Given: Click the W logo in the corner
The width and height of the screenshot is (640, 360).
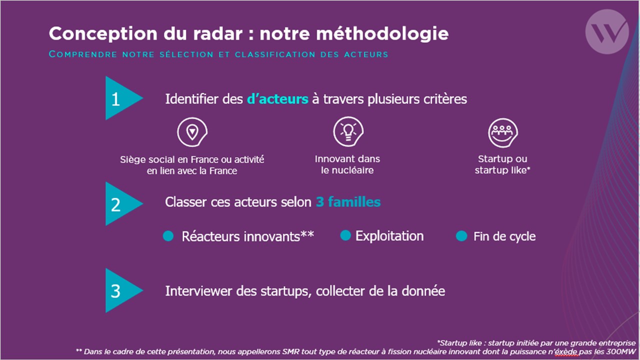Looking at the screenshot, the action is coord(607,31).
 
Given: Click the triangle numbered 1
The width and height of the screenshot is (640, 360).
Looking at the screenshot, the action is coord(121,98).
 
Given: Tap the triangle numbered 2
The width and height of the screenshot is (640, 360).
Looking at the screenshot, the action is coord(121,203).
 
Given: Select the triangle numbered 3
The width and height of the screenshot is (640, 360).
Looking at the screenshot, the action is coord(121,290).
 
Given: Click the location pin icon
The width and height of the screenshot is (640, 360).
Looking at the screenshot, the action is coord(192,132).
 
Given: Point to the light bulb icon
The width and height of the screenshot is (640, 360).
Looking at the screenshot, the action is coord(348,131).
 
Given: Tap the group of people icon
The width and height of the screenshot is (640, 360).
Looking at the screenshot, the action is coord(503,132).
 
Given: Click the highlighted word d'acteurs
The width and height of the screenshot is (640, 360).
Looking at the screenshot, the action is coord(277,99).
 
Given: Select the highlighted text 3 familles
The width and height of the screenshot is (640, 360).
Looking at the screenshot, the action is coord(348,202).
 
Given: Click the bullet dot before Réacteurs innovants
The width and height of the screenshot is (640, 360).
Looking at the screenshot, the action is coord(168,236).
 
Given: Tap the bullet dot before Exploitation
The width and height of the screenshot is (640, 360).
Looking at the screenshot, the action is coord(345,235).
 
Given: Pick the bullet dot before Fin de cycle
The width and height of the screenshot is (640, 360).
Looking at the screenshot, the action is coord(461,236).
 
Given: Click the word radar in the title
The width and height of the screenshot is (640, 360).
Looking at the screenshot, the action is coord(218,33).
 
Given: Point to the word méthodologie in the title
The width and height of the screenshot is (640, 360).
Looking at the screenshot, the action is coord(382,34).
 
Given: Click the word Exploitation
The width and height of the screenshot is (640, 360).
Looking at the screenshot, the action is coord(389,236).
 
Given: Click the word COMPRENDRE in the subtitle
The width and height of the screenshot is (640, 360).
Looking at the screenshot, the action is coord(83,54).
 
